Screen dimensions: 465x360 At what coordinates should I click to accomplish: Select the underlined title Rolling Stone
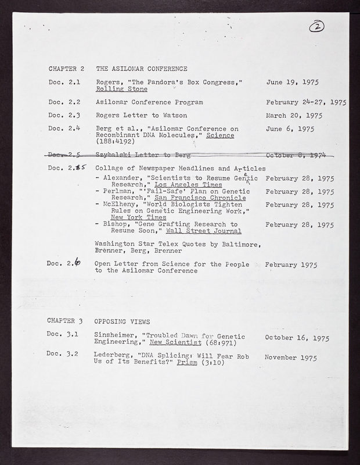[122, 90]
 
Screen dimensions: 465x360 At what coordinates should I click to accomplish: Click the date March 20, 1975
[298, 115]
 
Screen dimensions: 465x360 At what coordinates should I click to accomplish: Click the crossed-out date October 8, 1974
[299, 155]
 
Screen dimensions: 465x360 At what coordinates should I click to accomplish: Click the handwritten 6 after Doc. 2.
[78, 264]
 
